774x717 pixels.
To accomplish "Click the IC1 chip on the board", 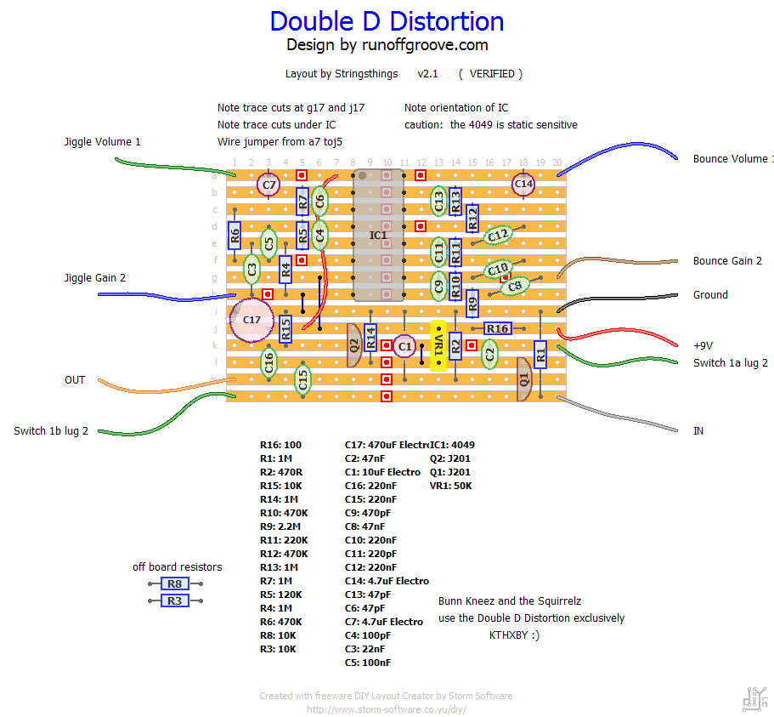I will pos(378,235).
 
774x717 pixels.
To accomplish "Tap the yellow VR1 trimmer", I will pos(438,345).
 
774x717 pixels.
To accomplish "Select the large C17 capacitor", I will pos(251,320).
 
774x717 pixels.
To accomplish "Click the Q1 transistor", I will pos(523,378).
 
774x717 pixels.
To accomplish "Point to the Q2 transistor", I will pos(353,345).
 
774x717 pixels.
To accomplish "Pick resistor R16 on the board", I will pos(497,328).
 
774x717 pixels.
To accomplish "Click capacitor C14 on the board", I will pos(523,184).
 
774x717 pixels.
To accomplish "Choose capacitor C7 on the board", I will pos(269,184).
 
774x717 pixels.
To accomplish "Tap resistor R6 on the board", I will pos(235,235).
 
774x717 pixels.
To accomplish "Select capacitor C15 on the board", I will pos(302,379).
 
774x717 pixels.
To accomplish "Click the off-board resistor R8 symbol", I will pos(174,583).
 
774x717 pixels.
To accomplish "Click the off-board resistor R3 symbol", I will pos(174,600).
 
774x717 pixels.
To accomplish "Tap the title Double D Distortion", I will pos(387,21).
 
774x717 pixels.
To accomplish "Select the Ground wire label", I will pos(710,294).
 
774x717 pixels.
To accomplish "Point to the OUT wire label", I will pos(75,379).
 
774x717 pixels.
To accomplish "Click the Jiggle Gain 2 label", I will pos(95,277).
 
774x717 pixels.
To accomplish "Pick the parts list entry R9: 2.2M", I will pos(284,526).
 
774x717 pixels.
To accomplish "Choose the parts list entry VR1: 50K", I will pos(450,486).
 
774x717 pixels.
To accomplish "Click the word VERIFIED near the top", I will pos(492,74).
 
